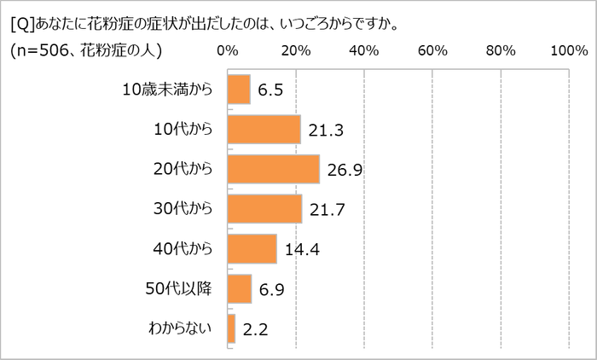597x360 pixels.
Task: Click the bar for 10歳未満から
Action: point(239,90)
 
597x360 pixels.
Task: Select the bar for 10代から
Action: point(264,130)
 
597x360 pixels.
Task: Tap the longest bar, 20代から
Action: point(274,169)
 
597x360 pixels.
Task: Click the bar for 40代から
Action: point(252,249)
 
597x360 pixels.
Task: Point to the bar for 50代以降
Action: point(240,289)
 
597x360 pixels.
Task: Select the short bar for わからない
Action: point(232,328)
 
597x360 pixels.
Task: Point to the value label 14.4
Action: point(300,251)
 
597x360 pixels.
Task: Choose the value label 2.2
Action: point(253,330)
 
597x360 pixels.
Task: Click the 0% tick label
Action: point(228,51)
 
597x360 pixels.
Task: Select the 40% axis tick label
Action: point(364,51)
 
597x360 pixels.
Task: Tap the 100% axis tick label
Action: point(569,51)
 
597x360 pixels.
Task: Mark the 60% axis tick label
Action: point(432,51)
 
